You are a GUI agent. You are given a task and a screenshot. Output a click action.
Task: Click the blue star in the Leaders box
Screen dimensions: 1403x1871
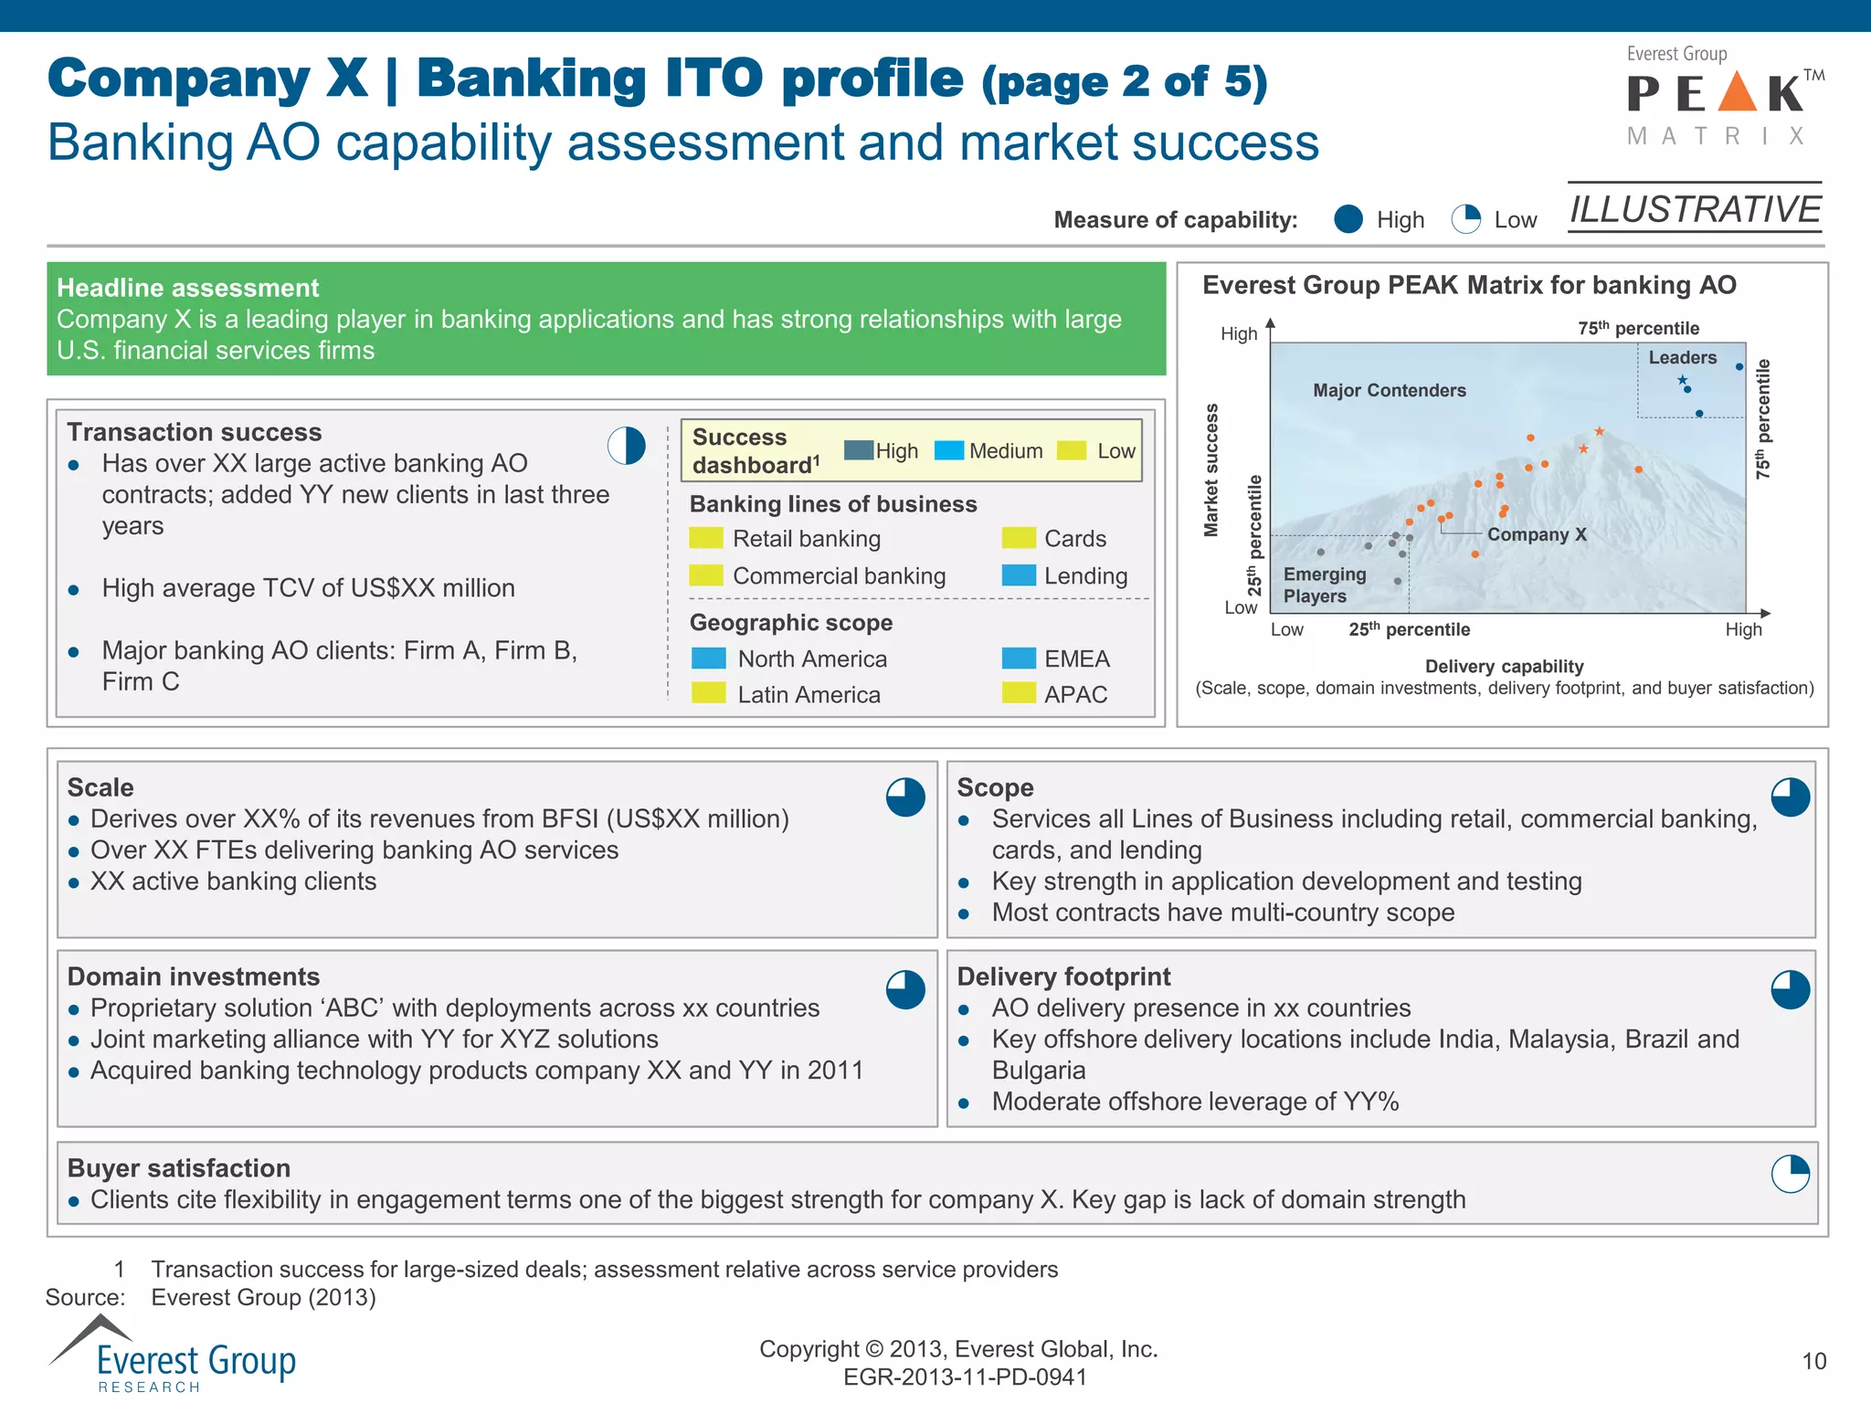[x=1682, y=380]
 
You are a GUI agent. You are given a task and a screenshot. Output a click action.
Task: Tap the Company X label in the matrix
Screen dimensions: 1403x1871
[x=1537, y=534]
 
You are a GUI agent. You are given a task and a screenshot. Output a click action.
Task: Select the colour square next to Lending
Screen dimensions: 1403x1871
[x=1019, y=575]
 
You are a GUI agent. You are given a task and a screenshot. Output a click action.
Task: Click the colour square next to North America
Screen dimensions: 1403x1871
[x=709, y=659]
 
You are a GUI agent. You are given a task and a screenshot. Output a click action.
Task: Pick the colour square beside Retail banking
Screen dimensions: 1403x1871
[x=706, y=538]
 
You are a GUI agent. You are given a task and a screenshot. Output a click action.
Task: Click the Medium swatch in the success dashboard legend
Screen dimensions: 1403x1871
[x=949, y=450]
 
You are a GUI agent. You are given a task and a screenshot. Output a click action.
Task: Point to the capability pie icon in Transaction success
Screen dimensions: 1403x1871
[x=627, y=446]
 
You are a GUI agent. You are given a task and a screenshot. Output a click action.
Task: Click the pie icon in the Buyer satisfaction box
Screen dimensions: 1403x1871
[x=1790, y=1174]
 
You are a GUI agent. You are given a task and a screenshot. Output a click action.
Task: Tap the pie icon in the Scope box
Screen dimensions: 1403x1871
[x=1790, y=797]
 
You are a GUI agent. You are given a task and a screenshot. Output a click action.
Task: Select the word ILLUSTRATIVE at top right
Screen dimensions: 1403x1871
[x=1695, y=209]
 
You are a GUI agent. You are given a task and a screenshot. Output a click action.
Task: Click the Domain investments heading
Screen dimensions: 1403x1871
[x=194, y=976]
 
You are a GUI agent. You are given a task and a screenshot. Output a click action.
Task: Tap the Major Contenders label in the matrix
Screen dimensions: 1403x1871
[x=1389, y=390]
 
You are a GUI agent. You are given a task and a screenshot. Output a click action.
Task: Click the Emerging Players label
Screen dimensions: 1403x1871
[x=1324, y=585]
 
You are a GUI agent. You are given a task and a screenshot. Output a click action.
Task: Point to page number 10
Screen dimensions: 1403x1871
[x=1813, y=1361]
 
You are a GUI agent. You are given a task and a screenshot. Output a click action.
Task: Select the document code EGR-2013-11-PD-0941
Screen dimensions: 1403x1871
[x=965, y=1377]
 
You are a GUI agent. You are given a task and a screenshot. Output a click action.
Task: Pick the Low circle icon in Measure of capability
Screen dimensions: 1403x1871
[x=1466, y=219]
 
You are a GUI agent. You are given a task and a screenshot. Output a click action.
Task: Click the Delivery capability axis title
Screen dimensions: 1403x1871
[x=1504, y=666]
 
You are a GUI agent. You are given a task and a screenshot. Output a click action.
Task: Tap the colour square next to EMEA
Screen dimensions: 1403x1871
[x=1019, y=659]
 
